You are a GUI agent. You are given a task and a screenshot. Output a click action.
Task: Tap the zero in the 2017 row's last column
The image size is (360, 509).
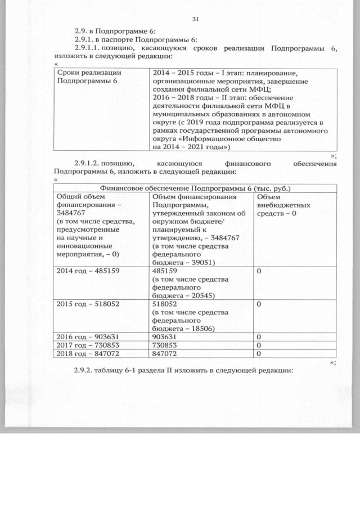tap(259, 345)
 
